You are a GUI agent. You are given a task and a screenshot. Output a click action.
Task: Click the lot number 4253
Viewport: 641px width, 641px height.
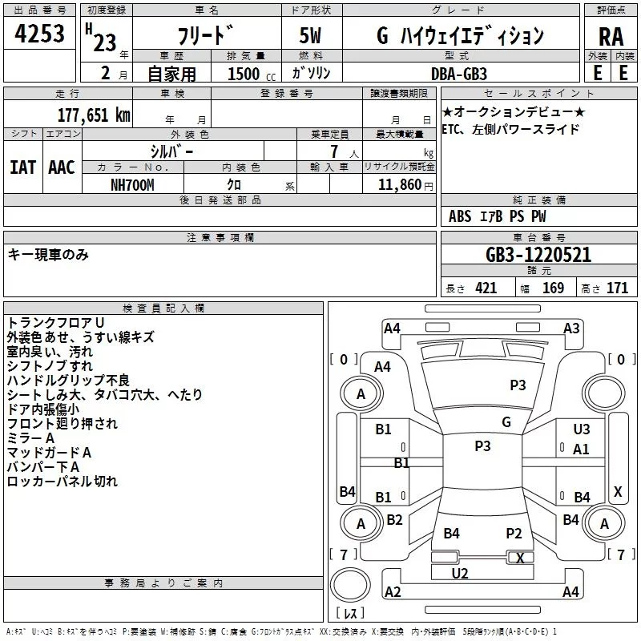pyautogui.click(x=39, y=36)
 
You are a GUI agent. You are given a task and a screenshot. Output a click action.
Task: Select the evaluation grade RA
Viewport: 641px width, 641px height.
pyautogui.click(x=611, y=37)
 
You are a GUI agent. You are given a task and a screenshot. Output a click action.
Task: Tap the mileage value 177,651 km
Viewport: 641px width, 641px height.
pyautogui.click(x=95, y=115)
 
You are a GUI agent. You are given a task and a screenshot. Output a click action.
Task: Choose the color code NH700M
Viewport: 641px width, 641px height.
pyautogui.click(x=132, y=185)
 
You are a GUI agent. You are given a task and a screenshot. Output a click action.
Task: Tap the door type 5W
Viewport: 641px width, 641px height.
pyautogui.click(x=310, y=36)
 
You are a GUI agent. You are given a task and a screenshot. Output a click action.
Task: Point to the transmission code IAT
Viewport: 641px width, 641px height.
pyautogui.click(x=22, y=167)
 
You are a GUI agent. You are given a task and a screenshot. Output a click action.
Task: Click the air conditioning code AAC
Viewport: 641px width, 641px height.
pyautogui.click(x=61, y=167)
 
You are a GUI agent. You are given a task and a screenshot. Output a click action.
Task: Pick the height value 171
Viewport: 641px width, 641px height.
pyautogui.click(x=617, y=288)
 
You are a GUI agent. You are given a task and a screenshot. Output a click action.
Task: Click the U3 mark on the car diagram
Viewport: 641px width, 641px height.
pyautogui.click(x=582, y=429)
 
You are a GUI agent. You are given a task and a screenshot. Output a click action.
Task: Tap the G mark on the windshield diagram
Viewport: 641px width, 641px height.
pyautogui.click(x=506, y=422)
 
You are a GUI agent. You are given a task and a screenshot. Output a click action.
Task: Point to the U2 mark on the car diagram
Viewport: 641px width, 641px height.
pyautogui.click(x=460, y=573)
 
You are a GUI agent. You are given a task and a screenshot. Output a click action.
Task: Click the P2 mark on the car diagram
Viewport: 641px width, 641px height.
pyautogui.click(x=514, y=534)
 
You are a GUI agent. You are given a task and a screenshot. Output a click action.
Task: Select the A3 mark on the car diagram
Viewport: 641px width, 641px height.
pyautogui.click(x=571, y=328)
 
